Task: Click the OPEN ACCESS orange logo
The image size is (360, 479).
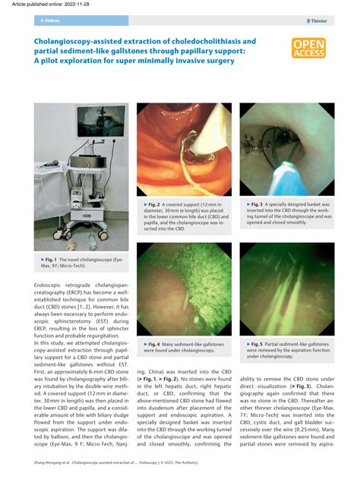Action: [308, 49]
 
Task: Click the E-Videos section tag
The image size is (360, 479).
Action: [48, 21]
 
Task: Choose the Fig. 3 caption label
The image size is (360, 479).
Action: [257, 204]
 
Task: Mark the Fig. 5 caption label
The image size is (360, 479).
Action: [257, 344]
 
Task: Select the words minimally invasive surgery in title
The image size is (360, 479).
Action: [188, 60]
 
